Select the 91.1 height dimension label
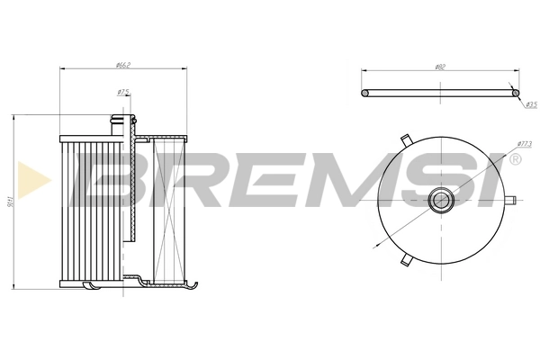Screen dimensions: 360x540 coord(8,202)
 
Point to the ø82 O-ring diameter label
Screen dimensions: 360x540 coord(439,66)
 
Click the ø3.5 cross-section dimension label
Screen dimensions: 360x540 coord(530,105)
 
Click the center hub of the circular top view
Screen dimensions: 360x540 coord(440,200)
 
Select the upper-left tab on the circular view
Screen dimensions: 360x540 coord(406,140)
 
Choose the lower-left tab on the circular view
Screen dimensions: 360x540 coord(406,260)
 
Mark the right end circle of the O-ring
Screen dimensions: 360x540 coord(514,90)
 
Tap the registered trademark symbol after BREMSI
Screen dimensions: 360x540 coord(514,159)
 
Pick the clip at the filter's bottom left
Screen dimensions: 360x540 coord(91,285)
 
